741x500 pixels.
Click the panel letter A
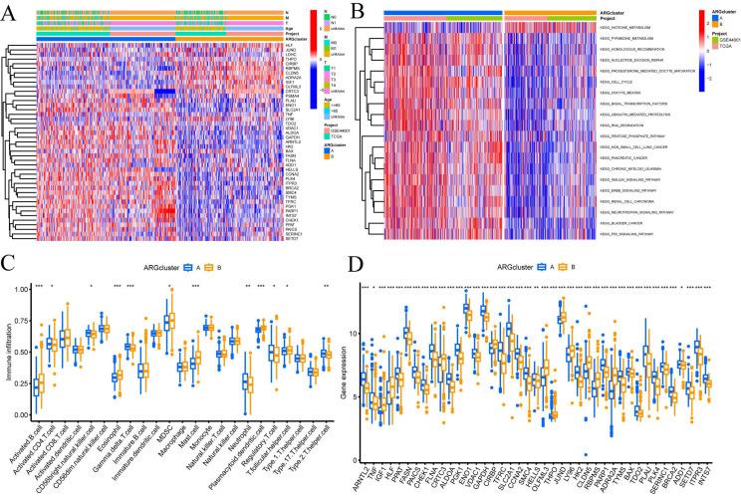[7, 8]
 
